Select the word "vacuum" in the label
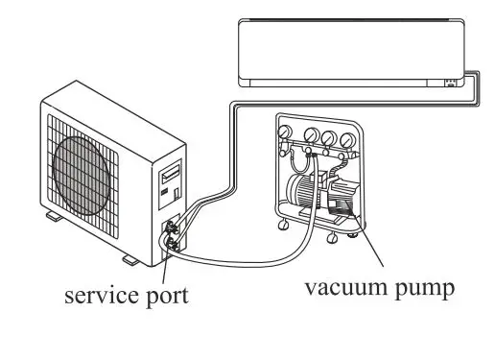click(x=341, y=285)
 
